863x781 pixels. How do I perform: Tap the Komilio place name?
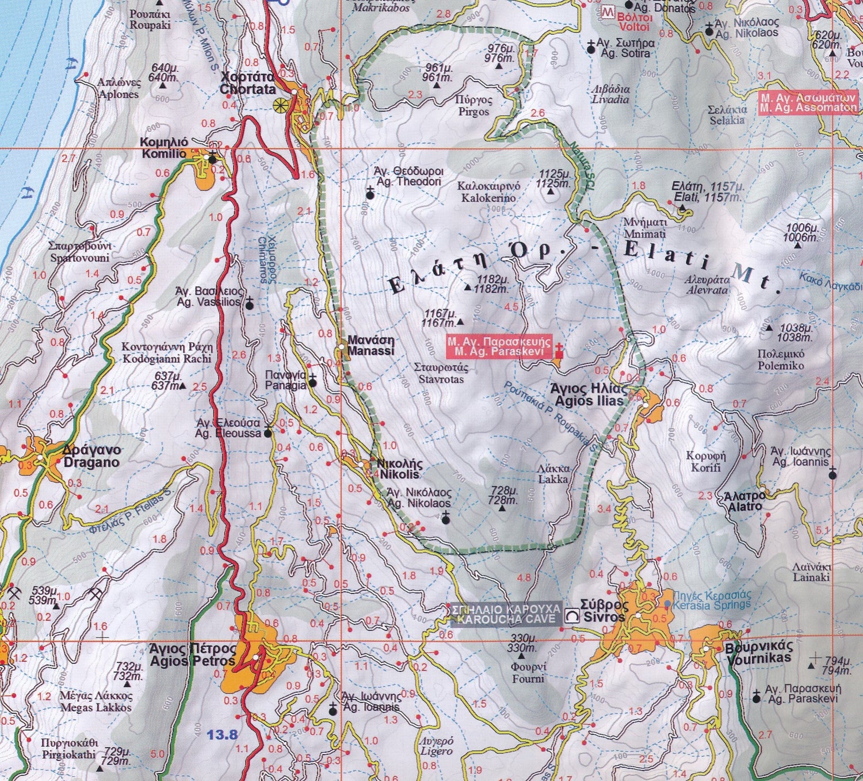click(x=164, y=148)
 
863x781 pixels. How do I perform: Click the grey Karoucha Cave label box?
click(x=506, y=614)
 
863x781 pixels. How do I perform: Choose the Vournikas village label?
click(x=759, y=652)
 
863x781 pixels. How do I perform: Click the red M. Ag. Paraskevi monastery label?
click(x=499, y=346)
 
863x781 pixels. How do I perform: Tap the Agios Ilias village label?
click(x=588, y=394)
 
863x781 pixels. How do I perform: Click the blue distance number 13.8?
click(x=222, y=734)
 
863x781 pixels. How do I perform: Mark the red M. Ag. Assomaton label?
click(x=808, y=102)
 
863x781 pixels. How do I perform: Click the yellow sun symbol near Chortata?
click(x=281, y=105)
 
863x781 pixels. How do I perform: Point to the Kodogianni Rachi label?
click(x=167, y=353)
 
